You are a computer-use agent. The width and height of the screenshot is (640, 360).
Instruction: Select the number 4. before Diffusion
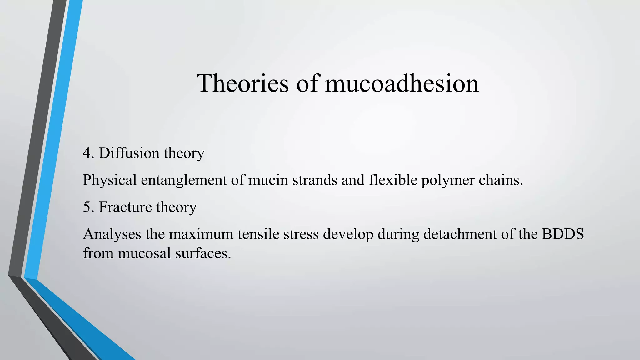point(88,153)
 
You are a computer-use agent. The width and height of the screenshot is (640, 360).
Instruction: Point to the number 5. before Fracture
point(88,207)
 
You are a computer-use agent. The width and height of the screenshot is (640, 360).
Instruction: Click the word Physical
point(110,180)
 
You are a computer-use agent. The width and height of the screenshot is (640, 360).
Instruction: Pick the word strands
point(315,180)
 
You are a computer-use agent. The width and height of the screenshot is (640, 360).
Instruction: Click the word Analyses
point(112,234)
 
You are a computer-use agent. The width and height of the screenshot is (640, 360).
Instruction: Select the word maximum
point(201,234)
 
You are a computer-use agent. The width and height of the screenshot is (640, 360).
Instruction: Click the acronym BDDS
point(563,234)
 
